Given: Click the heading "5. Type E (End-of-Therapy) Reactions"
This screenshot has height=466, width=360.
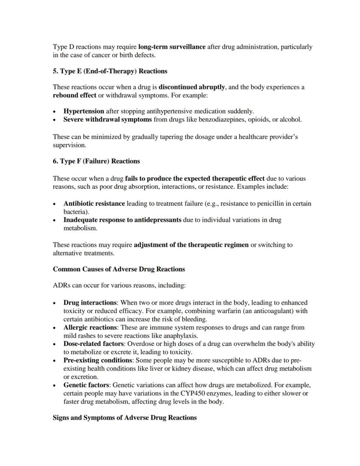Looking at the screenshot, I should (x=110, y=71).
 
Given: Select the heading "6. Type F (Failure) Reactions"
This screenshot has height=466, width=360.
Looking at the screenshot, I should (x=96, y=161).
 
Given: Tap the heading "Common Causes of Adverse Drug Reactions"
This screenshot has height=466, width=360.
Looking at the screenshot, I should (x=119, y=269).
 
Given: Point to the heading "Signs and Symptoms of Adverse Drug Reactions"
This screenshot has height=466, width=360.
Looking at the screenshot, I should (x=125, y=418).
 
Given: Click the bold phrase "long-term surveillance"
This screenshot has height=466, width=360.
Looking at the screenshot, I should (x=172, y=47).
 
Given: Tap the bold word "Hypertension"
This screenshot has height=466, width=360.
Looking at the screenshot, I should (x=83, y=111).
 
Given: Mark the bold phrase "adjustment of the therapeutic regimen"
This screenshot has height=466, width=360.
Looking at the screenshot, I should (x=191, y=245).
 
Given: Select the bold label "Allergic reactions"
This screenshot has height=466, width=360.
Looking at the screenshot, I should (x=90, y=327).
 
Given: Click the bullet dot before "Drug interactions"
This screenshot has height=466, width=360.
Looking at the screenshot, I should (x=54, y=303).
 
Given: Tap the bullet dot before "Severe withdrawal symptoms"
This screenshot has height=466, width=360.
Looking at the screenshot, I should (x=54, y=120).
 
